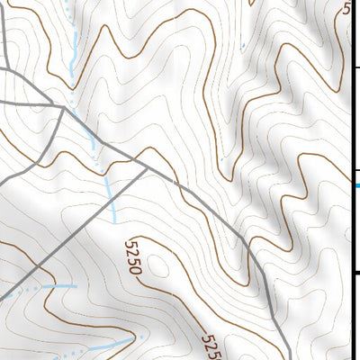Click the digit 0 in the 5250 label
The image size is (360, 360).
click(x=137, y=270)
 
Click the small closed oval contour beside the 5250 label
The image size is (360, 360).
click(x=160, y=265)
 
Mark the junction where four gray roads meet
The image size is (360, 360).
click(x=64, y=107)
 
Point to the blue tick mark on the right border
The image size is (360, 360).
click(x=357, y=185)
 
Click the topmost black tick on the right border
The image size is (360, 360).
click(x=355, y=67)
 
